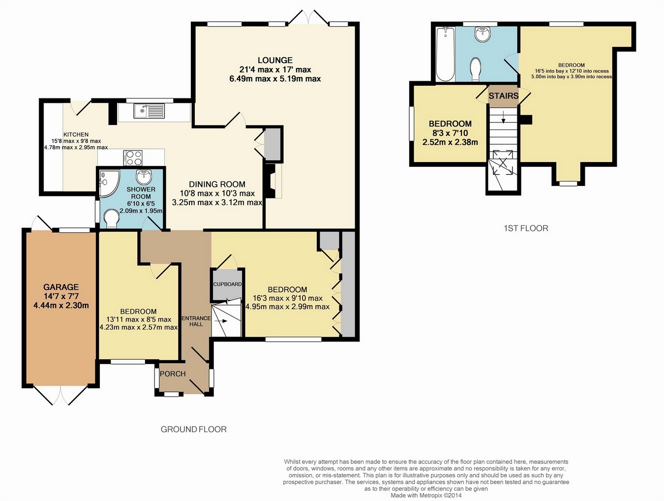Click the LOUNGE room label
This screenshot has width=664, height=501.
pyautogui.click(x=275, y=60)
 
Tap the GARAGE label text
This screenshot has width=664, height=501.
pyautogui.click(x=61, y=287)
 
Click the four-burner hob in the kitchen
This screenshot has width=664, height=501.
pyautogui.click(x=132, y=157)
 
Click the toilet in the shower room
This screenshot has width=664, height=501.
pyautogui.click(x=111, y=219)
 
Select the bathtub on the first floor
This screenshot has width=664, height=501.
pyautogui.click(x=445, y=54)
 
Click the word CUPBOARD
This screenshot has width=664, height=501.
pyautogui.click(x=228, y=284)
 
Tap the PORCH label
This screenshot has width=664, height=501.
pyautogui.click(x=173, y=374)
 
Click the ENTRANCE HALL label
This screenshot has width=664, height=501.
pyautogui.click(x=196, y=321)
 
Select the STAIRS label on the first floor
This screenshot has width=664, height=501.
pyautogui.click(x=503, y=96)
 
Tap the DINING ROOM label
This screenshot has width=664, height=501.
pyautogui.click(x=217, y=184)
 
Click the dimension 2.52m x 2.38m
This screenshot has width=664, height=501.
pyautogui.click(x=450, y=142)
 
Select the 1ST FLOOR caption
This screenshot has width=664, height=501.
pyautogui.click(x=526, y=228)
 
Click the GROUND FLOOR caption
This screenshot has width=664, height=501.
pyautogui.click(x=194, y=429)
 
